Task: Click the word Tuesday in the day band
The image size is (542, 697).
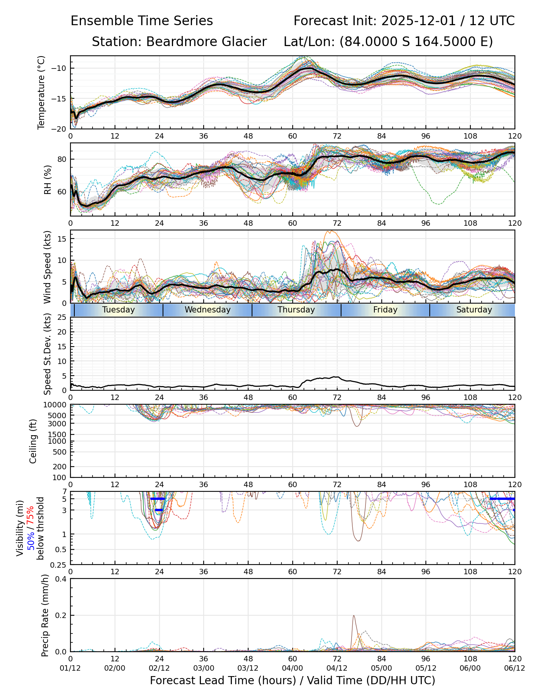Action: (x=118, y=310)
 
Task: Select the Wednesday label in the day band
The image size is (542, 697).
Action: (x=208, y=310)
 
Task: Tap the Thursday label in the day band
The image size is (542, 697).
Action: (x=296, y=310)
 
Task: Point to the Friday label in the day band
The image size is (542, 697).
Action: (x=385, y=310)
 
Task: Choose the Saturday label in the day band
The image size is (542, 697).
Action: (x=474, y=310)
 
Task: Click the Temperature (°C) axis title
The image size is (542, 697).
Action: (x=41, y=92)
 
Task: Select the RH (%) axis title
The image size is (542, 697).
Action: (x=48, y=179)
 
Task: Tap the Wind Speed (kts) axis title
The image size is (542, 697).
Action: (x=48, y=267)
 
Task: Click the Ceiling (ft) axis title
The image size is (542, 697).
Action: (x=33, y=441)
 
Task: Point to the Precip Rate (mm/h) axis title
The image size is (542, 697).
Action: (x=45, y=615)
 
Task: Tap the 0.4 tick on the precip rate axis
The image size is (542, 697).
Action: (x=62, y=579)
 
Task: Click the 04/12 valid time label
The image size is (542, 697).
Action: (x=337, y=668)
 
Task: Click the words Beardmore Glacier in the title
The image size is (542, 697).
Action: (x=206, y=41)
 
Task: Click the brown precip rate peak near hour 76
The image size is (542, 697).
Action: (x=353, y=616)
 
